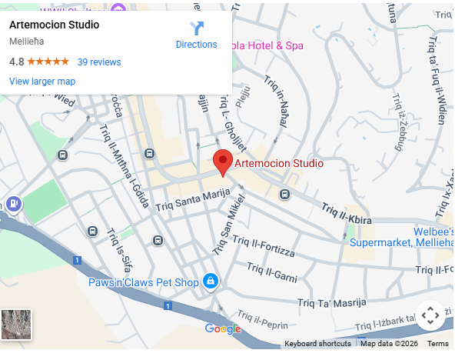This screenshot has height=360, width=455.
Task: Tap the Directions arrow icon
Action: click(x=197, y=28)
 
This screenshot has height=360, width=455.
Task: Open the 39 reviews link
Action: click(x=99, y=62)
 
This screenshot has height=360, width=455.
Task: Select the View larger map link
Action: click(x=42, y=81)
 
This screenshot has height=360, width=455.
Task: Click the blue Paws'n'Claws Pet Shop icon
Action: click(x=209, y=282)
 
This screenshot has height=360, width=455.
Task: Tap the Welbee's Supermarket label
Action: click(x=400, y=235)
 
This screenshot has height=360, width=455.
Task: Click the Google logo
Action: click(x=223, y=329)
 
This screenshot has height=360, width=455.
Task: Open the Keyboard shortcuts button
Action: click(x=317, y=343)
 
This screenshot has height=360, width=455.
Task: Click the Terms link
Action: click(x=437, y=343)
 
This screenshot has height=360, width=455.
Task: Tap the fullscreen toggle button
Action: click(x=430, y=315)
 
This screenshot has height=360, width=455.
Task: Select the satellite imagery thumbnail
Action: click(x=17, y=325)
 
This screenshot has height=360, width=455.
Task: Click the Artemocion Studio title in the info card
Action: click(x=54, y=25)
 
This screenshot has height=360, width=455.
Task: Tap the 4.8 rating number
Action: click(x=16, y=62)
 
